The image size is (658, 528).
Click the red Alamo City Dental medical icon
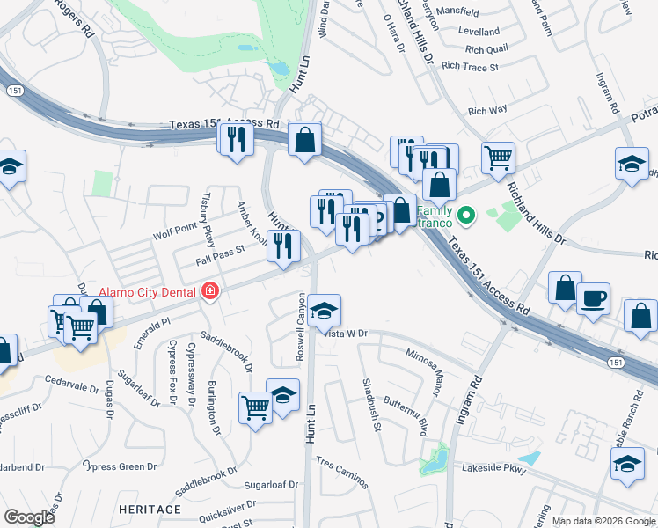coord(209,291)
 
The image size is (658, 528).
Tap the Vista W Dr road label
coord(346,334)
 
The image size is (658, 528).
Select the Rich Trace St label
coord(470,66)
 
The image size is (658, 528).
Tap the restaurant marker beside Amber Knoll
coord(283,245)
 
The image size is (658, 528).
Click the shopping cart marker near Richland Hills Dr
coord(498,157)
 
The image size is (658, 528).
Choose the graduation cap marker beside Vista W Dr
coord(324,309)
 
